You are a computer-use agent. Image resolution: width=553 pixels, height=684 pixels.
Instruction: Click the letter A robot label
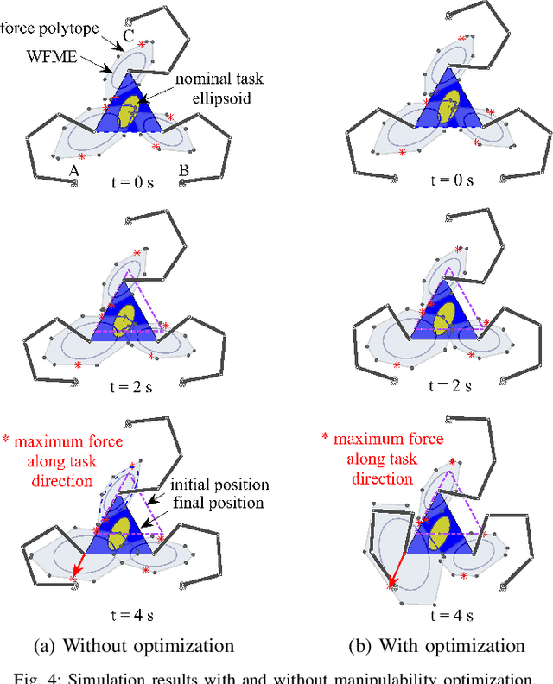pos(74,172)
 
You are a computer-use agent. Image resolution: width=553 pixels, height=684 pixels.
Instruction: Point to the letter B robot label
pos(184,171)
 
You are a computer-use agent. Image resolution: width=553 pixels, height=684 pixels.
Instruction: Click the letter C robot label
pos(127,37)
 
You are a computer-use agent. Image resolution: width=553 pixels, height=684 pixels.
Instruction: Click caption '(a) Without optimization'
pos(132,645)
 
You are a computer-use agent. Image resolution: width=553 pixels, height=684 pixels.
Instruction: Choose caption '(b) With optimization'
pos(436,645)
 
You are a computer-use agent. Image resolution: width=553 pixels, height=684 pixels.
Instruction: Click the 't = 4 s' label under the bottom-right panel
pos(451,616)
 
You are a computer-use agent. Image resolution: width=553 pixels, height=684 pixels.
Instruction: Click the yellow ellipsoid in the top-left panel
pos(130,111)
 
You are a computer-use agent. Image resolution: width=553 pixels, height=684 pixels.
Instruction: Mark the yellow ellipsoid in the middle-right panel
pos(446,313)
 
